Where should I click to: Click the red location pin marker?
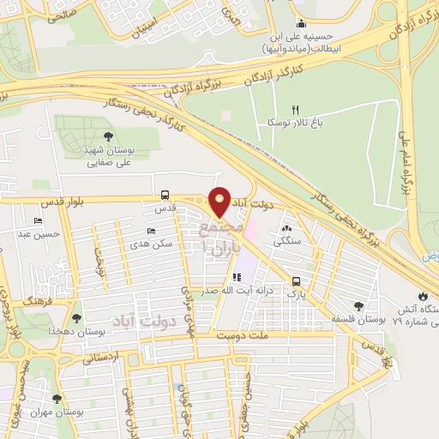pos(219,201)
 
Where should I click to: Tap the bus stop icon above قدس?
pos(164,195)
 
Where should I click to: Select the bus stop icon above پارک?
pos(296,280)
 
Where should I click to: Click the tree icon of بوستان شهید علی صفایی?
pos(108,135)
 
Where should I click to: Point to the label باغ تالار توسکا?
pos(292,123)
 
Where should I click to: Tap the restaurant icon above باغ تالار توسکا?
pos(296,109)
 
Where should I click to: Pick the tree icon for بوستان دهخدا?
pos(77,318)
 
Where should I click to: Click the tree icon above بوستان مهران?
pos(57,399)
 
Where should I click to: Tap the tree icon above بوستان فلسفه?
pos(358,306)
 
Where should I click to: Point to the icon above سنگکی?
pos(286,228)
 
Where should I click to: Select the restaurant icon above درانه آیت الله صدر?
pos(237,277)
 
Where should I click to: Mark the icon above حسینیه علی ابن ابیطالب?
pos(300,23)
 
